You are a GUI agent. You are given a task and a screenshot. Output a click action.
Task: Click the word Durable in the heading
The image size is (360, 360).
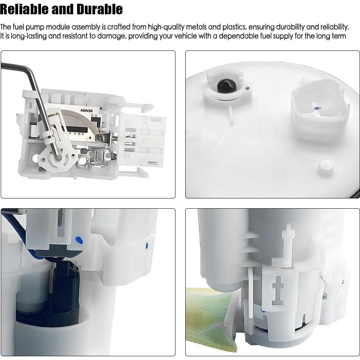[x=99, y=9]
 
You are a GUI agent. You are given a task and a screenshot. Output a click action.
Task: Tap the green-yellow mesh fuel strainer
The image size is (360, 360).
[x=207, y=316]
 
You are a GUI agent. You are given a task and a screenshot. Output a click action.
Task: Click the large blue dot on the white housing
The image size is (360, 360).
[x=78, y=240]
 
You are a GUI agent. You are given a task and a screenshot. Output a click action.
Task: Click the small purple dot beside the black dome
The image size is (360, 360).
[x=247, y=89]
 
